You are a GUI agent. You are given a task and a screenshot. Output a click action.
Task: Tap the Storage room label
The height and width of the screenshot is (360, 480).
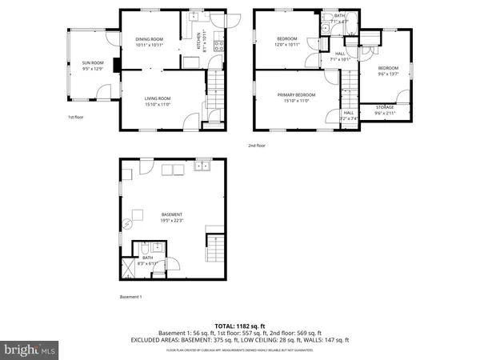[386, 108]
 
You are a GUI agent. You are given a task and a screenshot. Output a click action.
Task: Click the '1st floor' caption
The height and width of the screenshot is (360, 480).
[76, 118]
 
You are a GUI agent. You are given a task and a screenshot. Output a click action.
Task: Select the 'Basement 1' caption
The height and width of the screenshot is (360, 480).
[130, 297]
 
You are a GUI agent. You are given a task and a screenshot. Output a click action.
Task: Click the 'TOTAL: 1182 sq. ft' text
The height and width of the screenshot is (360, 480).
[239, 325]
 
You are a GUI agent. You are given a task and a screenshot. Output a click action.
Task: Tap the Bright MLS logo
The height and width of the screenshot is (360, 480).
[30, 350]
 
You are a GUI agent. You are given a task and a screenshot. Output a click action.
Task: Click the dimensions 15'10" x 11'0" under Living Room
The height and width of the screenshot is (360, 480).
[157, 102]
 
